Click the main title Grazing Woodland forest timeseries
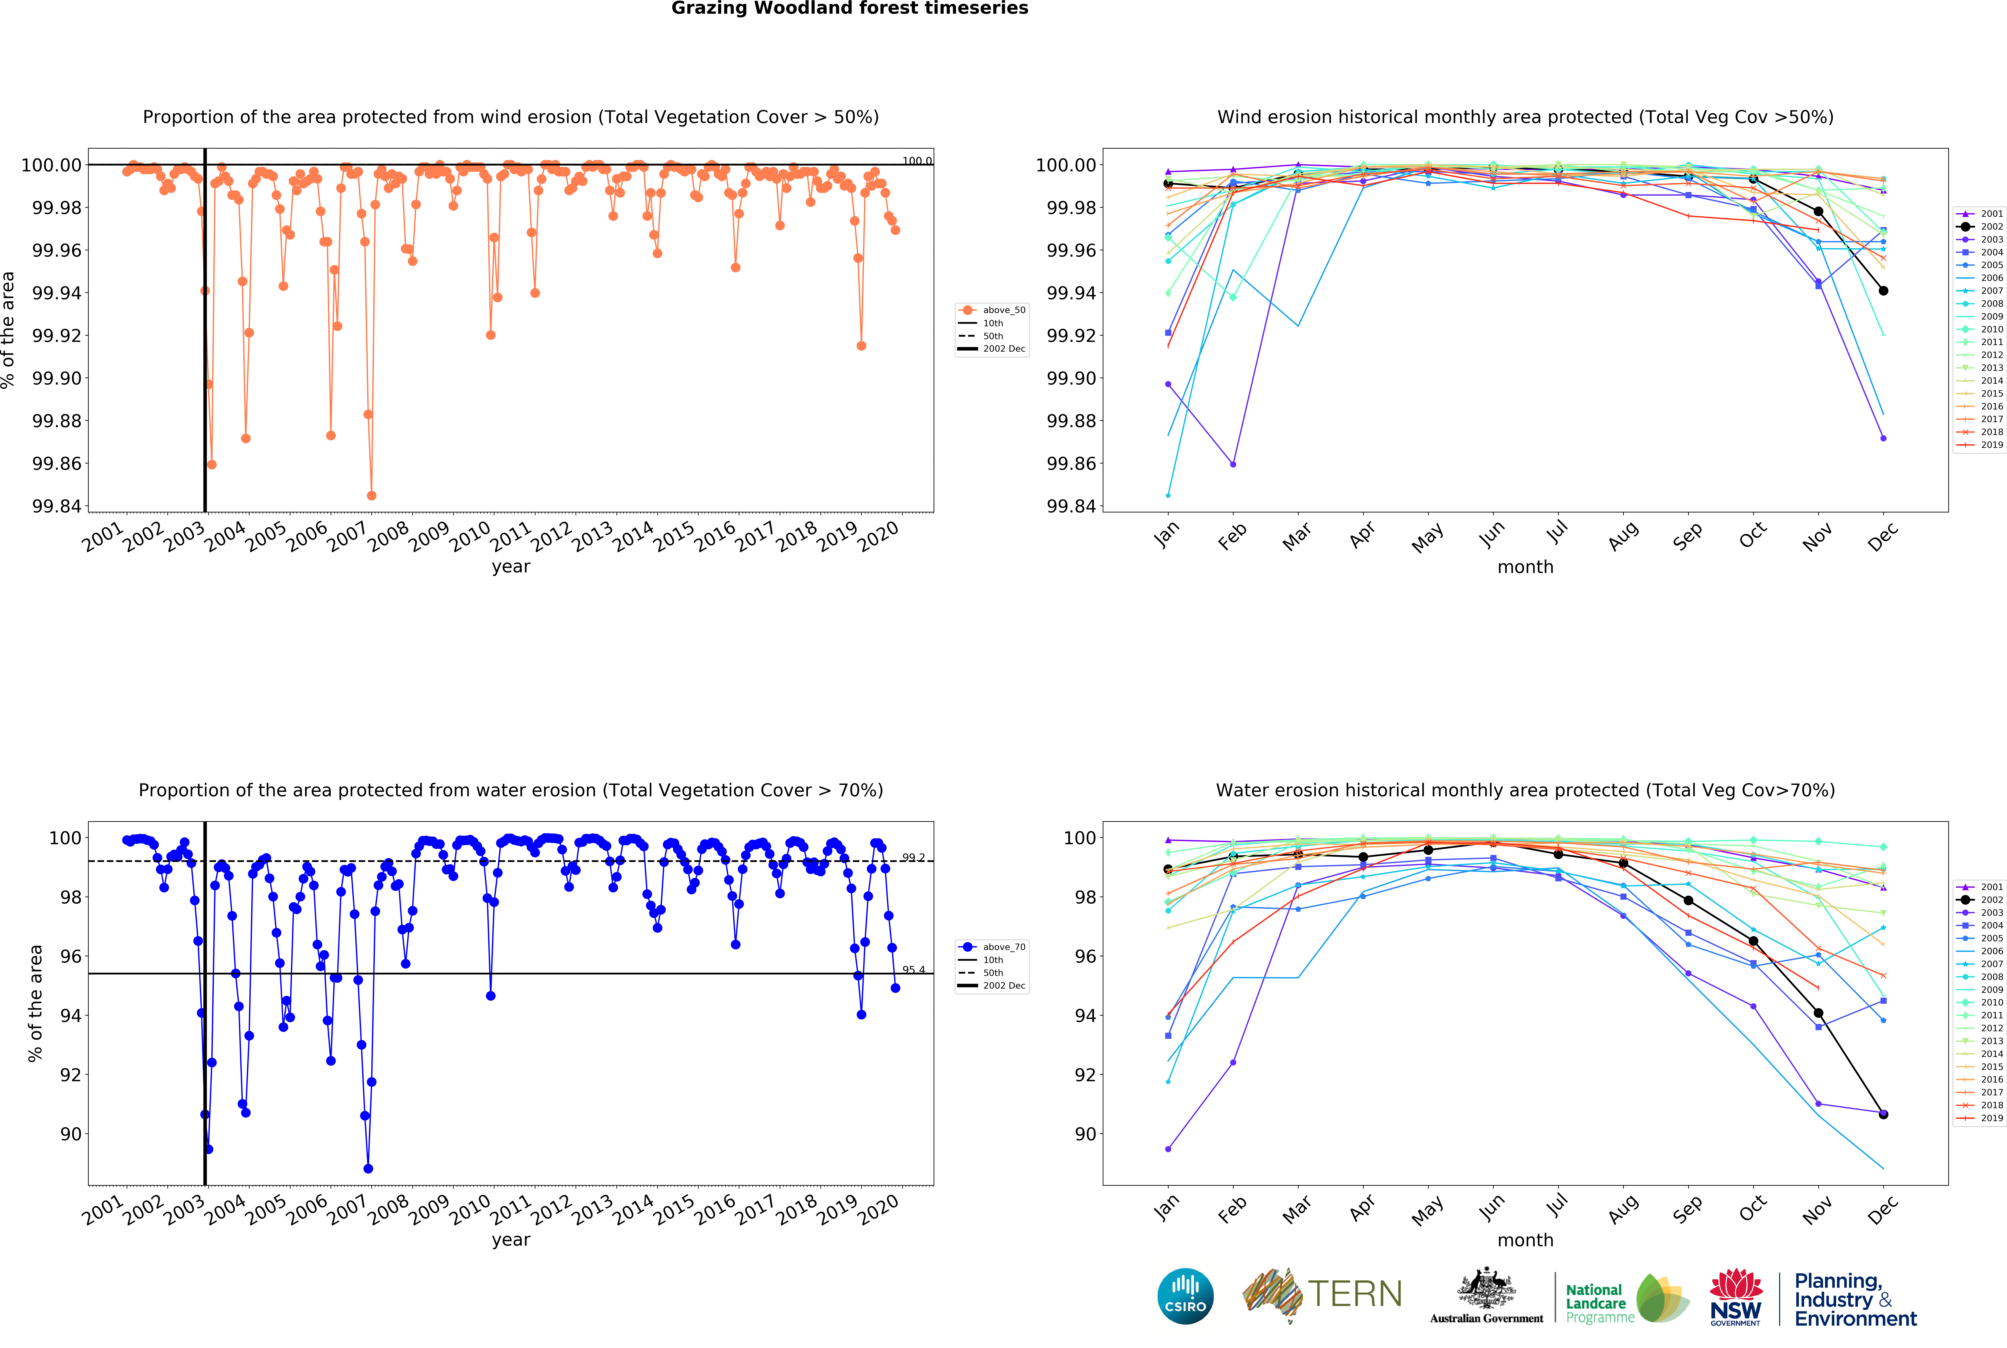pos(850,9)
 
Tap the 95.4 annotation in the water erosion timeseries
pos(913,970)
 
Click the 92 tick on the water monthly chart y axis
pos(1085,1075)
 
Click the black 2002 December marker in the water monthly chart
pos(1883,1114)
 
